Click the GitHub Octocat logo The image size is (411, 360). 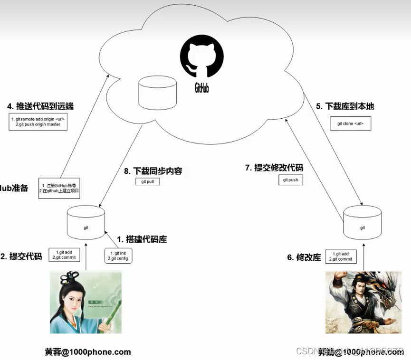(x=201, y=59)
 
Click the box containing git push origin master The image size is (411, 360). (x=38, y=122)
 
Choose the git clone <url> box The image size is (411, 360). (x=350, y=123)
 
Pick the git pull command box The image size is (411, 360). (x=148, y=181)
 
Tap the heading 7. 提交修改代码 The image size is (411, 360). (x=274, y=168)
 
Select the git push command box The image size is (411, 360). (x=291, y=180)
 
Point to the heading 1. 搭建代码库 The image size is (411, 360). (x=142, y=239)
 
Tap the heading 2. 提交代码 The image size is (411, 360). (x=21, y=256)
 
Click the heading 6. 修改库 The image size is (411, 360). (x=304, y=257)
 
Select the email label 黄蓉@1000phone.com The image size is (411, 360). (x=88, y=352)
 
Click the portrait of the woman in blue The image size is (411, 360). (x=86, y=302)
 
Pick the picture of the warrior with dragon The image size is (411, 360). (x=363, y=302)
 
